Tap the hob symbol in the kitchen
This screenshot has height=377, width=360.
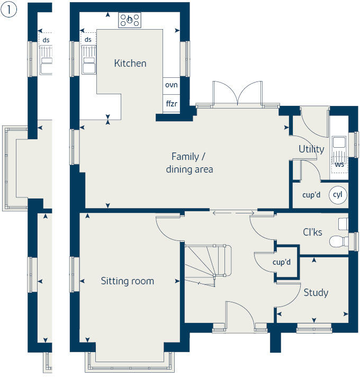point(130,20)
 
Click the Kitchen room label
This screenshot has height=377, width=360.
point(130,64)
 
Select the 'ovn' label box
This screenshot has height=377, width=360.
point(171,85)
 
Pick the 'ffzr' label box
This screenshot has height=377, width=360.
point(171,104)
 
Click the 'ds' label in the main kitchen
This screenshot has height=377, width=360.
point(88,40)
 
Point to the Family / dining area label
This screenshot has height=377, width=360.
point(189,163)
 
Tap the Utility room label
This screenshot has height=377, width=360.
point(311,149)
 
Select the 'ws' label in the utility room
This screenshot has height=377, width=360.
point(339,164)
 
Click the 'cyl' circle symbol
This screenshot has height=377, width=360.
point(337,195)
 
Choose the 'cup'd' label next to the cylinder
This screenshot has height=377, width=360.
point(311,195)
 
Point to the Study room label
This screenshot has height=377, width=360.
point(316,292)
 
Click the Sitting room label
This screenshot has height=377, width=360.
point(127,281)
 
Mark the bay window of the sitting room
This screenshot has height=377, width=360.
point(129,366)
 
